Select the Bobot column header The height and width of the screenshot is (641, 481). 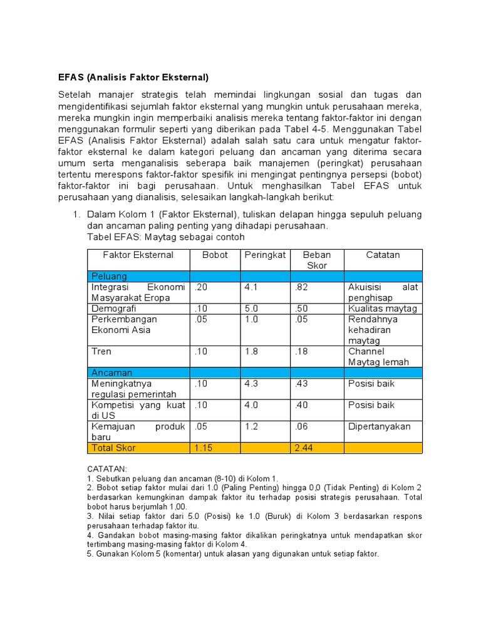[x=215, y=255]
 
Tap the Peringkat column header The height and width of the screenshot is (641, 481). [x=265, y=255]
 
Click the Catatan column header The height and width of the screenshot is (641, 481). [x=383, y=255]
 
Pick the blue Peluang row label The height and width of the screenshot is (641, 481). [x=109, y=276]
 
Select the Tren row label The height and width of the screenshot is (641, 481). [x=101, y=351]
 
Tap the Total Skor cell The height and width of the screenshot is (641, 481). [x=113, y=448]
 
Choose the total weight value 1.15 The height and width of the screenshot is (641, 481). [x=204, y=448]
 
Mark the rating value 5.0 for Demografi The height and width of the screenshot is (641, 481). [x=252, y=309]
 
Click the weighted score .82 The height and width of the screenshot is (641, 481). [x=301, y=287]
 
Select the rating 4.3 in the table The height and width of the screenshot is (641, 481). [x=252, y=383]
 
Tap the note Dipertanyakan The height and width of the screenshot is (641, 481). [x=380, y=426]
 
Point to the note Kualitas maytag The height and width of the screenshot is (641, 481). [x=383, y=309]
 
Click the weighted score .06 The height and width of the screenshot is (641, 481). [x=301, y=426]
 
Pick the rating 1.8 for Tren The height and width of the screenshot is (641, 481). [x=252, y=351]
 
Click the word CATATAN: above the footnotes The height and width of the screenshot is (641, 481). [x=107, y=468]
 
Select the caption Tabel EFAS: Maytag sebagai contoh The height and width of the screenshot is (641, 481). [x=166, y=237]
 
